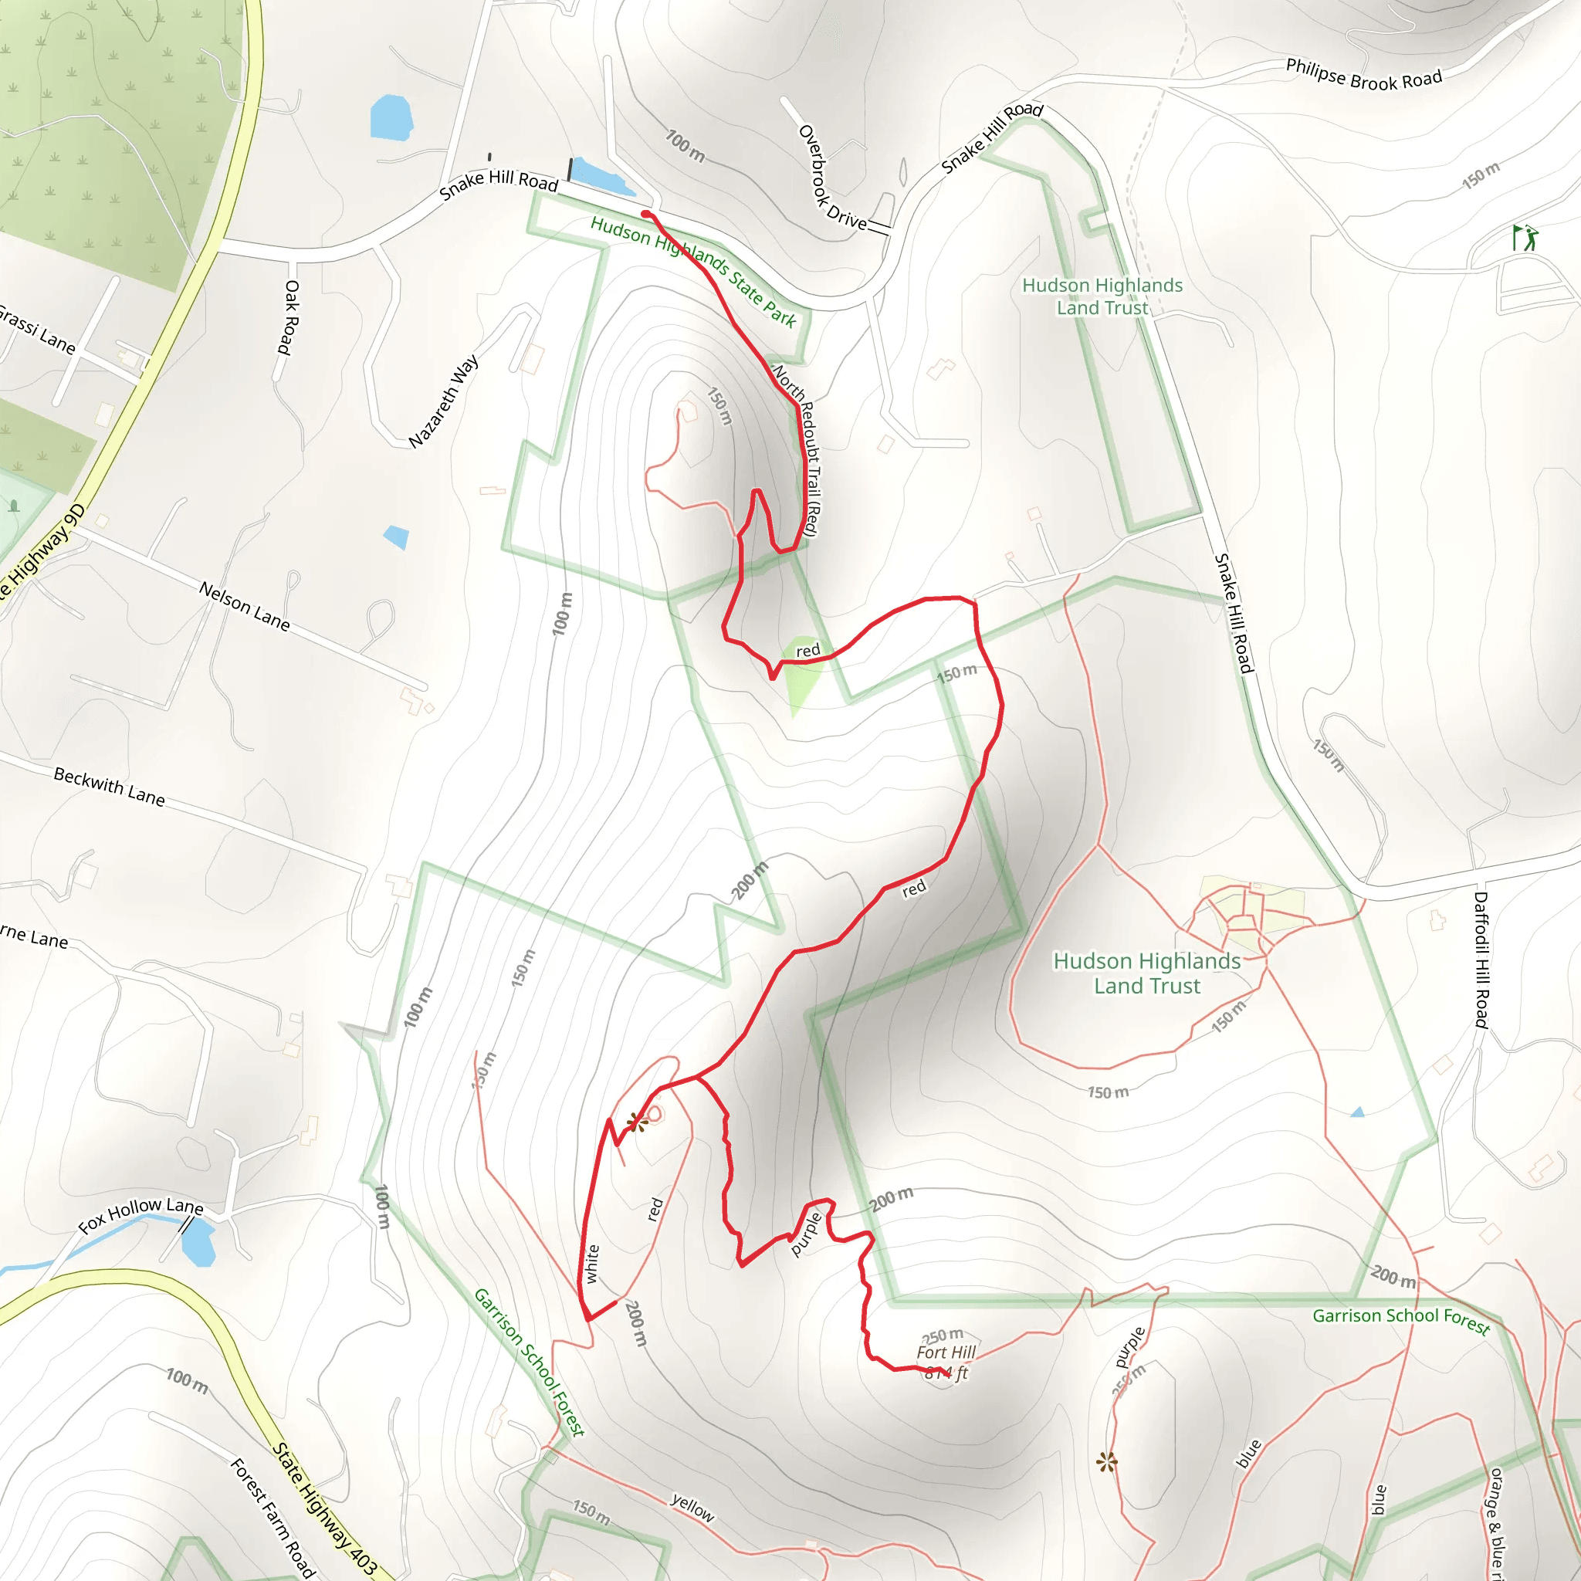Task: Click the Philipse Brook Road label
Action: coord(1363,74)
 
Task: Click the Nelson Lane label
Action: coord(245,606)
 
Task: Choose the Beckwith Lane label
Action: coord(109,787)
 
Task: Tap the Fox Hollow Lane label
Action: coord(140,1214)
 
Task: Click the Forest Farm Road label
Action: coord(272,1517)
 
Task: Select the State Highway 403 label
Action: coord(324,1508)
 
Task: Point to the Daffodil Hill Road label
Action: coord(1481,959)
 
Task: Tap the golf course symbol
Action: coord(1525,238)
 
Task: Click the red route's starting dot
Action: coord(645,215)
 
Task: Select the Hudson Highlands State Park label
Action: coord(693,271)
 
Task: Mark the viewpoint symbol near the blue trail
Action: coord(1106,1461)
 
